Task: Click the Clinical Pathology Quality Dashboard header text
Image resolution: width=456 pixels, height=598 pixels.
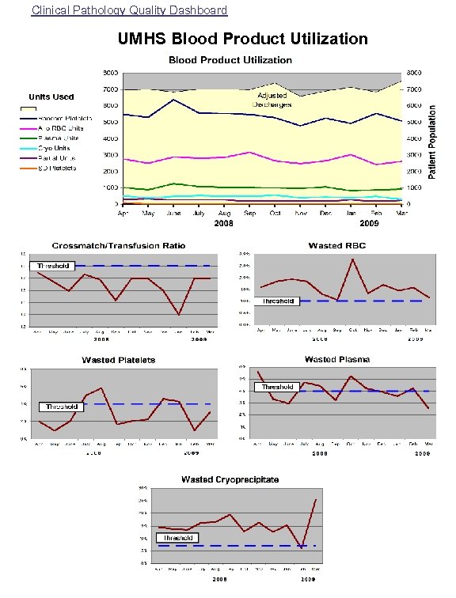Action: pyautogui.click(x=129, y=10)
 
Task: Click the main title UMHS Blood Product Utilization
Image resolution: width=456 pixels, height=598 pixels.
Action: pyautogui.click(x=242, y=39)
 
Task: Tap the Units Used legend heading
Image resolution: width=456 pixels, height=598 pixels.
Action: pyautogui.click(x=51, y=97)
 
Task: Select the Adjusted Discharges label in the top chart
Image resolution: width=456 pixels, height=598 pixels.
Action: pyautogui.click(x=272, y=100)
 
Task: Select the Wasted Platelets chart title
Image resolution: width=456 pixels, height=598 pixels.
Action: pyautogui.click(x=119, y=360)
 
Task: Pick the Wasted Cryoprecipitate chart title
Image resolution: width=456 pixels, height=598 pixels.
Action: pyautogui.click(x=230, y=479)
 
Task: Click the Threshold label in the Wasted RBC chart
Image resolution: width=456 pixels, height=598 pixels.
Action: pyautogui.click(x=278, y=301)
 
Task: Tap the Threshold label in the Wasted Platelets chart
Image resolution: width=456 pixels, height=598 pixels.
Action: pyautogui.click(x=60, y=407)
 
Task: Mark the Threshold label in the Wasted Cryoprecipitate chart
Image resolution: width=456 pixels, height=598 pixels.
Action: pyautogui.click(x=177, y=538)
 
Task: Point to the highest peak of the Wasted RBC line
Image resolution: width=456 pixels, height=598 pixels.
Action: pyautogui.click(x=352, y=259)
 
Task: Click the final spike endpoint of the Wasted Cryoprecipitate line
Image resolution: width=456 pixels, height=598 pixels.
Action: pyautogui.click(x=316, y=500)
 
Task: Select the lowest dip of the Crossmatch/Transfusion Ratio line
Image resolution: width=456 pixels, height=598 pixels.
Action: pyautogui.click(x=179, y=315)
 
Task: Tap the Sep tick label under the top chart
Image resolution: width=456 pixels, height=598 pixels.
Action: pyautogui.click(x=250, y=214)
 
